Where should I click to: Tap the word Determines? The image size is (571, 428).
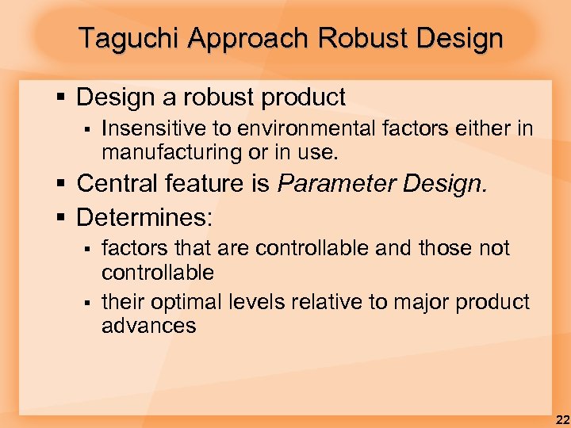point(144,216)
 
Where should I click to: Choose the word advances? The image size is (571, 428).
point(148,325)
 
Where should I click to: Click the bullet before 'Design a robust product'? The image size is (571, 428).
point(62,98)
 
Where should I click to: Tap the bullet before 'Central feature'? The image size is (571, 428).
point(62,185)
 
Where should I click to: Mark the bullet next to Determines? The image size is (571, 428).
point(62,216)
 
